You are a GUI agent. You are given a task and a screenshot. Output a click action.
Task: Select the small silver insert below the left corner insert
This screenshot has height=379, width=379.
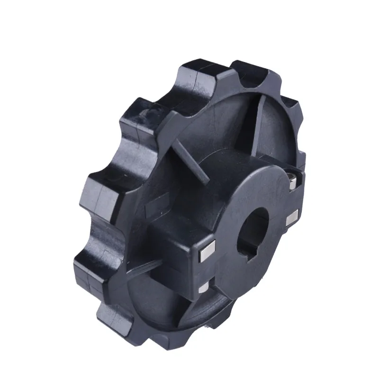pyautogui.click(x=203, y=288)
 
